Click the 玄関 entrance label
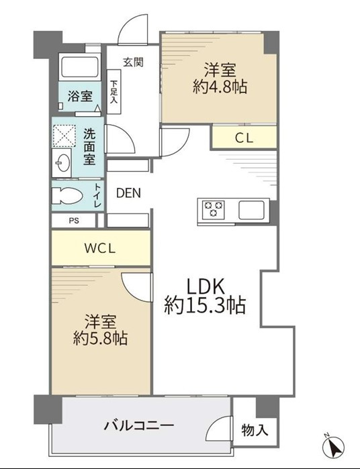[133, 62]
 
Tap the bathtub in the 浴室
[80, 66]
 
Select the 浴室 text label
[80, 96]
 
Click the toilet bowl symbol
[66, 196]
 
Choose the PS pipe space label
[74, 221]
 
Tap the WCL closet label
[99, 248]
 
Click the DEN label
[128, 193]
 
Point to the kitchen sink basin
[252, 209]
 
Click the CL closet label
[244, 138]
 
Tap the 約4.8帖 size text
[220, 87]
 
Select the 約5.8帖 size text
[100, 338]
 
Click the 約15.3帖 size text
[205, 305]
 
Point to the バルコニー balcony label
[138, 425]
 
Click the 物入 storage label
[255, 430]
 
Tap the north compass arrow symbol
[333, 447]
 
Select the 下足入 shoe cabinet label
[114, 91]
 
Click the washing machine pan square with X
[64, 136]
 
